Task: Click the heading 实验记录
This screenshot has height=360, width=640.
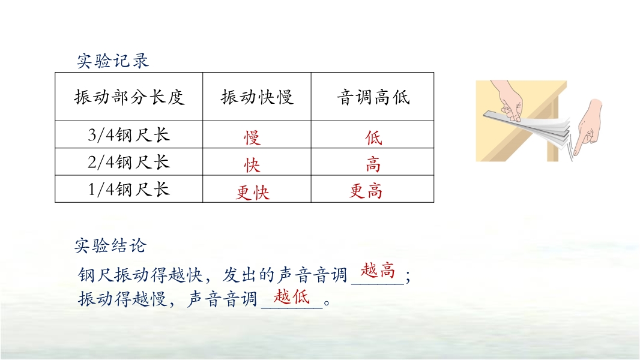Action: click(113, 61)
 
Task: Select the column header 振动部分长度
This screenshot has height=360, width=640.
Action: click(130, 97)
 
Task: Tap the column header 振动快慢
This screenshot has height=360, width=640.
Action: click(257, 97)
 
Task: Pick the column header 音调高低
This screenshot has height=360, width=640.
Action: click(373, 97)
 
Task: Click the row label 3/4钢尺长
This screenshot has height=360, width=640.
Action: click(128, 135)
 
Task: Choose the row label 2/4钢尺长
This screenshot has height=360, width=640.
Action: click(128, 162)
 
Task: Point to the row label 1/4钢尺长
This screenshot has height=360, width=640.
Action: click(128, 190)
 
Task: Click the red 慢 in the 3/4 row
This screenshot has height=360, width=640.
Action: click(252, 138)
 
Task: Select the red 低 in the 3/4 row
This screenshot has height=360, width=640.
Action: click(373, 138)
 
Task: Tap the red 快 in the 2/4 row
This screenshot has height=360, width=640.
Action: click(252, 165)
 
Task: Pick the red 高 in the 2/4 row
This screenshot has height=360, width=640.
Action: click(373, 165)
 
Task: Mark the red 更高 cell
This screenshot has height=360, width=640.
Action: click(366, 191)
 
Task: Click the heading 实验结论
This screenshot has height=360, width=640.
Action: click(110, 245)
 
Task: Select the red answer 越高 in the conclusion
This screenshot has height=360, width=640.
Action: click(378, 271)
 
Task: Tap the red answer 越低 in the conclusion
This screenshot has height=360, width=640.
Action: click(291, 296)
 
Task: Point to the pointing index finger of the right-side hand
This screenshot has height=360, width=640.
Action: click(578, 145)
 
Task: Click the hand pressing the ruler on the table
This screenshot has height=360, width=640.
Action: click(508, 103)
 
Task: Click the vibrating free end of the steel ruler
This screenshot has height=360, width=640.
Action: click(565, 130)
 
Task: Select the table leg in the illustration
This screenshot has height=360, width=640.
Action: click(553, 134)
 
